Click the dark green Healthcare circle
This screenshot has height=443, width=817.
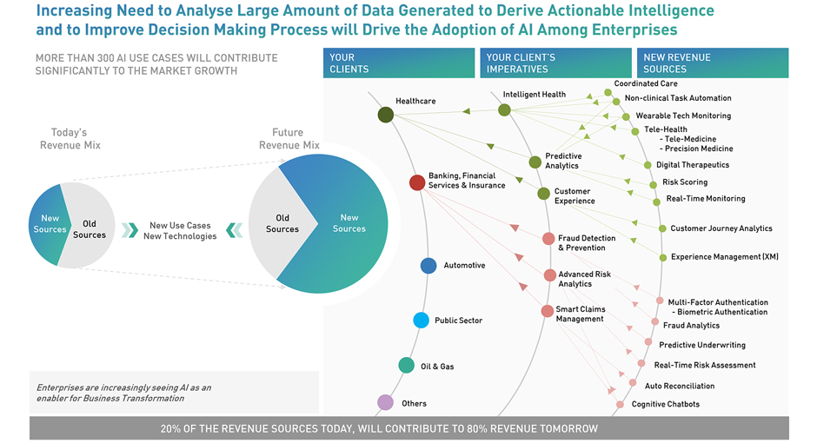tap(386, 115)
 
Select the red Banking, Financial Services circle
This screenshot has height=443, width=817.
tap(417, 182)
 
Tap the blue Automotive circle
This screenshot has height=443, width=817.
tap(428, 266)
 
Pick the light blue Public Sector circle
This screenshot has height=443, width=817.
tap(421, 321)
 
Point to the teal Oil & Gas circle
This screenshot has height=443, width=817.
tap(406, 366)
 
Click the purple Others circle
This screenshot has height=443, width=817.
tap(385, 403)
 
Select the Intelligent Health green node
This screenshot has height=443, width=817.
tap(504, 109)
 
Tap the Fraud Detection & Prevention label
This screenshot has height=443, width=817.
tap(587, 242)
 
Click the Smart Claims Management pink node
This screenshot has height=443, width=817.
tap(547, 311)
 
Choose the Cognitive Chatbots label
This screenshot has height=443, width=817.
tap(665, 404)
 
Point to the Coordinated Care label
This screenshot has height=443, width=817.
tap(646, 84)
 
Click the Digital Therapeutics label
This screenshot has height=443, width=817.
tap(693, 165)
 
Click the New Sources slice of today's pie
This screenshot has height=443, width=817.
tap(49, 224)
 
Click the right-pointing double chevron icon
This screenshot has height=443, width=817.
tap(130, 230)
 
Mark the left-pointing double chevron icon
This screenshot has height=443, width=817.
tap(234, 230)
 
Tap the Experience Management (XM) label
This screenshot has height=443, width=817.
tap(724, 257)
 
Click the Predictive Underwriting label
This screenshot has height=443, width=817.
tap(701, 346)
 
